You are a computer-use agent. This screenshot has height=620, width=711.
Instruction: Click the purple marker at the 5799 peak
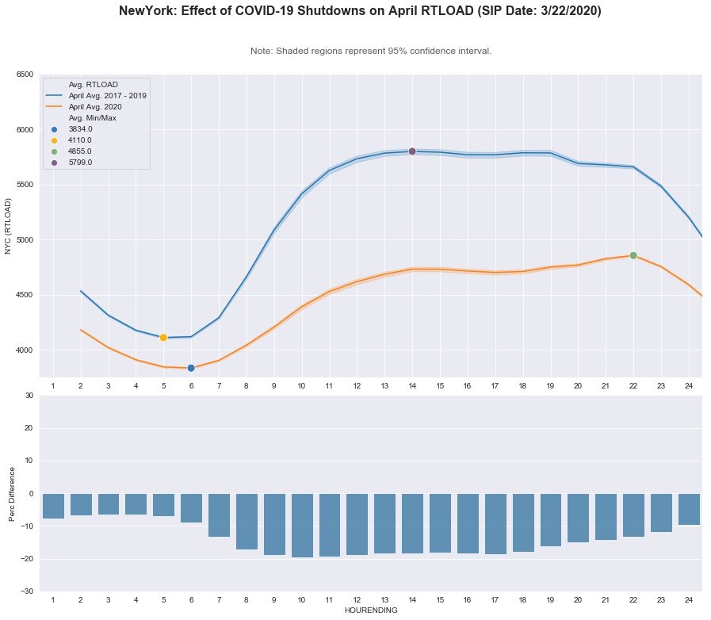(412, 151)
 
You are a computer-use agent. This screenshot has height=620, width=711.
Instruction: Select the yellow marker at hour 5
(163, 338)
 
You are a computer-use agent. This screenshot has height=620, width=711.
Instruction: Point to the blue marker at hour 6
(191, 368)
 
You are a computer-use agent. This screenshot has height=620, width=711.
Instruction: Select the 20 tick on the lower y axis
(29, 428)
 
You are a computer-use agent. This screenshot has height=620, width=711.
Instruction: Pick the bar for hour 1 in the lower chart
(53, 506)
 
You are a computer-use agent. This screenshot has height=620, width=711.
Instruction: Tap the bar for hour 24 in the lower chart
(689, 509)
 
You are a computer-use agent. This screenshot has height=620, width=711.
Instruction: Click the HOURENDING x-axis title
(370, 610)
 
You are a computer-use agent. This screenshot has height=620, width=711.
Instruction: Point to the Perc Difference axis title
(13, 493)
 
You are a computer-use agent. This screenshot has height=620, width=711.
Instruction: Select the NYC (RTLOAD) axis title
(10, 226)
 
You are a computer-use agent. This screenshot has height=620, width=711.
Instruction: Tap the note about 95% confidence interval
(370, 51)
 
